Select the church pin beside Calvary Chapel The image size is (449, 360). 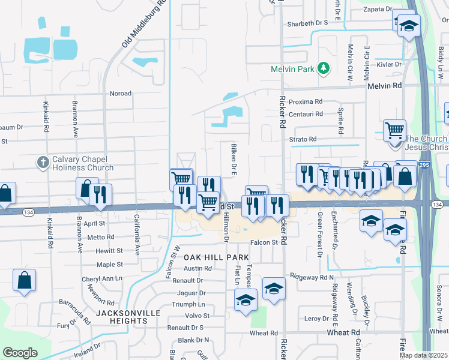tap(43, 162)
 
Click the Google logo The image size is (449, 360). tap(20, 352)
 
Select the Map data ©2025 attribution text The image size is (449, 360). tap(423, 355)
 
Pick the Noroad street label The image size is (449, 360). tap(120, 94)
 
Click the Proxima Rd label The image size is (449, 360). tap(306, 101)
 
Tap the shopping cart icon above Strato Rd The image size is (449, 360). tap(394, 130)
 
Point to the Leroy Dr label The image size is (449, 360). tap(317, 318)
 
